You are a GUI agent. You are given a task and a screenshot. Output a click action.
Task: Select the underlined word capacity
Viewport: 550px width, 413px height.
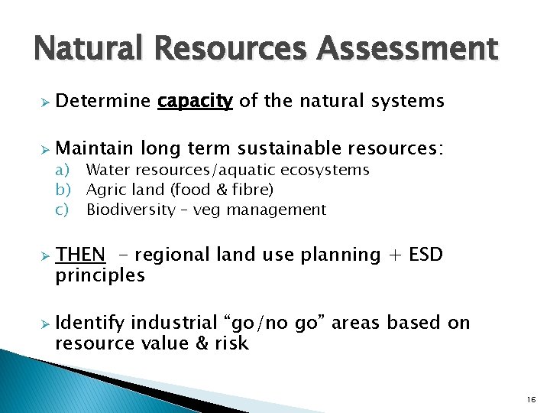click(195, 101)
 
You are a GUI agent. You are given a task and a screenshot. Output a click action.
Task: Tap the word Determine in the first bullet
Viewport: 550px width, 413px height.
click(103, 101)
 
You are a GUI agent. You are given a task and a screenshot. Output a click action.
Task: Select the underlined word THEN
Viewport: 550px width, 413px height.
click(80, 255)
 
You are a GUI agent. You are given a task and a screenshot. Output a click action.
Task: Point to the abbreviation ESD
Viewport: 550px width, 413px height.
click(426, 255)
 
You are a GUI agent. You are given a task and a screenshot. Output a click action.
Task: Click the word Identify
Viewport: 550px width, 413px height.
click(89, 323)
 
